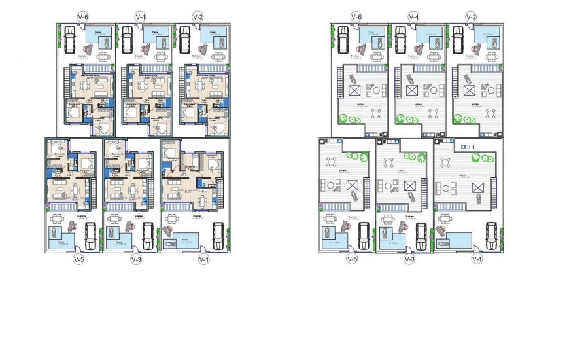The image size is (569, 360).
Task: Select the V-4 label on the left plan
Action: (141, 16)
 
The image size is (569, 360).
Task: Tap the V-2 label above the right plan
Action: (471, 16)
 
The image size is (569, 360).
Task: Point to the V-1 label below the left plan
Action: (203, 259)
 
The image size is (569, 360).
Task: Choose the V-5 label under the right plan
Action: (352, 259)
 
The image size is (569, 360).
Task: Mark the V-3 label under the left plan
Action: (136, 259)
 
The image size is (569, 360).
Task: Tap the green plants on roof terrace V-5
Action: (358, 155)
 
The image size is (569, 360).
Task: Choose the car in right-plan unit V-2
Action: (457, 40)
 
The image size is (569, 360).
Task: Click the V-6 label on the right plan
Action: (356, 16)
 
